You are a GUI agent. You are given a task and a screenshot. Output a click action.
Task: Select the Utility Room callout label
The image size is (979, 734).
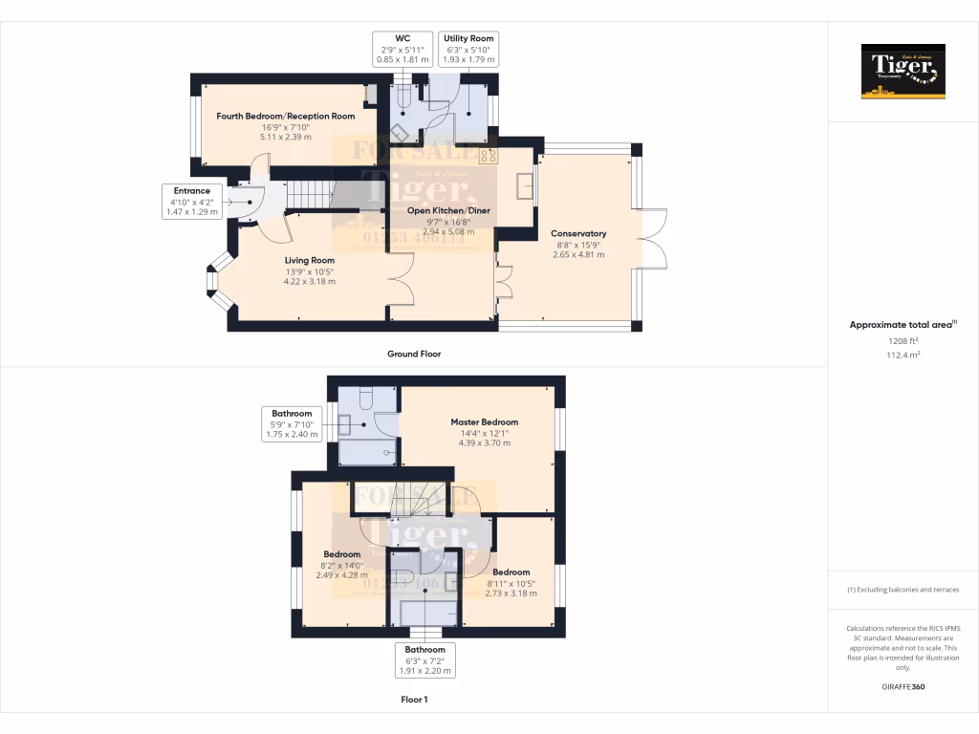(x=468, y=50)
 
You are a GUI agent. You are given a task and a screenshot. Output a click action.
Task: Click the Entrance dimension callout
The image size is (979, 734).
(x=191, y=202)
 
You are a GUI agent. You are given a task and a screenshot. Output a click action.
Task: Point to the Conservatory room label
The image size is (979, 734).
(x=578, y=233)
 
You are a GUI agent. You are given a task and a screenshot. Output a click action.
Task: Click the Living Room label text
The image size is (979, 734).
(x=309, y=260)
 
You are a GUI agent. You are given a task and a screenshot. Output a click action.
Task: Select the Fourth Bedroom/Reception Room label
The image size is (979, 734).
(x=285, y=117)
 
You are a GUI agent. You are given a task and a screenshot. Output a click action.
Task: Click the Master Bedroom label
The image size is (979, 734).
(x=484, y=421)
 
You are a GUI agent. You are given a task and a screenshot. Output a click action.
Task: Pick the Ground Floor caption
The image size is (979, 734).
(x=413, y=354)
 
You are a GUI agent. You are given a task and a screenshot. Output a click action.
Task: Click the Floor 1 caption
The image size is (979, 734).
(x=414, y=700)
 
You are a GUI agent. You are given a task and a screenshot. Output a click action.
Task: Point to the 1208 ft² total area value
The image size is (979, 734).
(x=903, y=340)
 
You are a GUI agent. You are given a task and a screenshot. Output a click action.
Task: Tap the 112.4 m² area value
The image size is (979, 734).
(x=903, y=355)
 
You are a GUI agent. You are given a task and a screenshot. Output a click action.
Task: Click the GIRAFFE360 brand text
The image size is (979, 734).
(x=903, y=686)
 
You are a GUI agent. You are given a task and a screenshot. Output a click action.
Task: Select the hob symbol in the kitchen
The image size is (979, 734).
(x=489, y=154)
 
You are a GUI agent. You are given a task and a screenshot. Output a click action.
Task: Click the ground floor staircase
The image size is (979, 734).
(x=306, y=197)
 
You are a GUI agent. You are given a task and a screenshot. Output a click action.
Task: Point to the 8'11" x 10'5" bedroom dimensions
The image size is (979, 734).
(x=511, y=583)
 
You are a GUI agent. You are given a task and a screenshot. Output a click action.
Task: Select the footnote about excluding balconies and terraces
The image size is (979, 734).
(x=903, y=590)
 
